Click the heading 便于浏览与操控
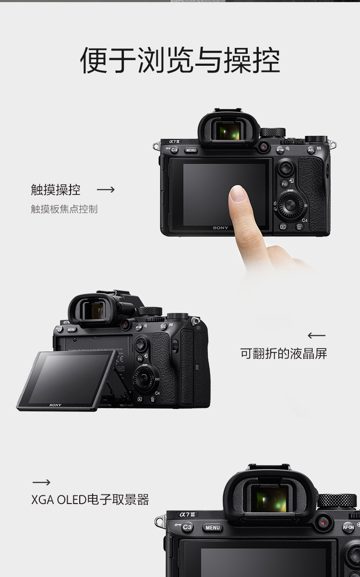[180, 60]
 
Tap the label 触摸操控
[56, 190]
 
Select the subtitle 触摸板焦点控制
[64, 209]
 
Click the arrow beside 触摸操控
[106, 190]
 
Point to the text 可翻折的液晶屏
[284, 353]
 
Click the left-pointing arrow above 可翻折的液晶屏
[316, 336]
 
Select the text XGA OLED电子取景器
[90, 500]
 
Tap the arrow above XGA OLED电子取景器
[41, 482]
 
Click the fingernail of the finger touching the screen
[238, 193]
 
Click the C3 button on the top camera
[174, 150]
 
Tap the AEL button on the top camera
[311, 150]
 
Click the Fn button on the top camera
[284, 184]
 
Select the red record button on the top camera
[264, 147]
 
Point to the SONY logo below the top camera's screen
[220, 228]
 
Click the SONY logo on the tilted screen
[55, 405]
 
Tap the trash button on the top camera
[299, 227]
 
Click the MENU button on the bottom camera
[213, 528]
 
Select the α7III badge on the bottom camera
[187, 515]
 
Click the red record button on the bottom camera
[323, 523]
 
